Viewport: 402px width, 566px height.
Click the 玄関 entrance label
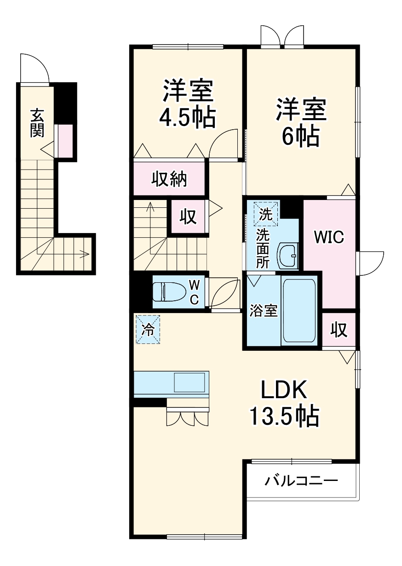(x=37, y=123)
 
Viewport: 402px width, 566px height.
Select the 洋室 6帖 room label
(x=301, y=123)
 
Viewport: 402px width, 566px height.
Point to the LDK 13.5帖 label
(x=284, y=403)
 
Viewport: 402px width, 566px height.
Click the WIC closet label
(x=329, y=237)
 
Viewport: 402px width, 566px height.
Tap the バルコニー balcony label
(x=301, y=481)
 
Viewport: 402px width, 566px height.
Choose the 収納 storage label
(x=169, y=179)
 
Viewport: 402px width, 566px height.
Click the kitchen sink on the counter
(x=189, y=382)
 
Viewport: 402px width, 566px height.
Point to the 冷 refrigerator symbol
(x=148, y=329)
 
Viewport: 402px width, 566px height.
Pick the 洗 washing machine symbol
(x=266, y=214)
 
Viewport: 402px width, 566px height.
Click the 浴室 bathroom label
(x=263, y=311)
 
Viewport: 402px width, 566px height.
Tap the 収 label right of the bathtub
(x=339, y=330)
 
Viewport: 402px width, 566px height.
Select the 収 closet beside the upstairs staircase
(x=188, y=216)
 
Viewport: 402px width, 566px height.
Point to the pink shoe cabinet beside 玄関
(x=64, y=140)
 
